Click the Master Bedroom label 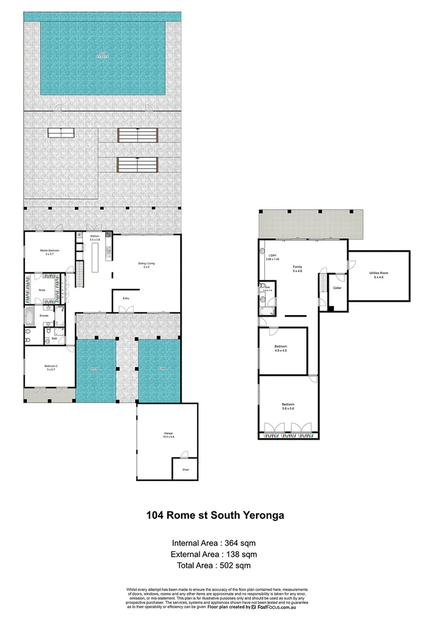tap(50, 250)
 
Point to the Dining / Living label tap(144, 264)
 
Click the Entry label tap(126, 298)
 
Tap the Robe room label tap(42, 290)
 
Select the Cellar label tap(337, 287)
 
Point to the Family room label tap(298, 267)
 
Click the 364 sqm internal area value tap(242, 543)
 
